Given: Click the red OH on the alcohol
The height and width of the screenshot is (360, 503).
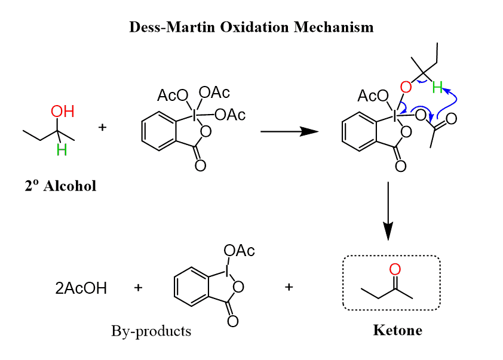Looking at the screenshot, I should pyautogui.click(x=62, y=112).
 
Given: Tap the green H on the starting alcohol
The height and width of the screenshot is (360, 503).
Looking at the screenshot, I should pyautogui.click(x=62, y=150).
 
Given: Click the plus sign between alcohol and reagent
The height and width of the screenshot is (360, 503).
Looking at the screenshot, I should pyautogui.click(x=102, y=127).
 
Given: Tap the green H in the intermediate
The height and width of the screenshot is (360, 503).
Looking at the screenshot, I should pyautogui.click(x=437, y=88).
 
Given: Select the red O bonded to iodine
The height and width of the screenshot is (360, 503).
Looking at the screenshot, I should pyautogui.click(x=406, y=88).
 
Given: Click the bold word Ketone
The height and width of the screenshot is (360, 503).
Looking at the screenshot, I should pyautogui.click(x=397, y=330).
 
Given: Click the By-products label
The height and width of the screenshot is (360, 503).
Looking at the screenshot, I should pyautogui.click(x=151, y=331).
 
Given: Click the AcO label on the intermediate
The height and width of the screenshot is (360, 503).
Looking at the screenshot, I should pyautogui.click(x=372, y=96).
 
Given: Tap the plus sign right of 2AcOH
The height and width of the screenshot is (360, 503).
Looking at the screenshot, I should pyautogui.click(x=138, y=288).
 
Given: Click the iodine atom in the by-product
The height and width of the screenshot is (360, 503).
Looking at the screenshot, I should pyautogui.click(x=228, y=270).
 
